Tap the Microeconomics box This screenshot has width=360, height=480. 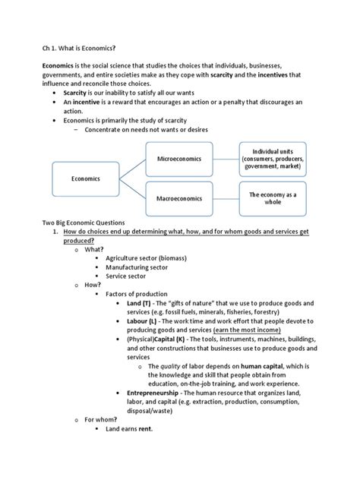click(x=180, y=159)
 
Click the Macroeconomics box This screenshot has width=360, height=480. click(x=180, y=199)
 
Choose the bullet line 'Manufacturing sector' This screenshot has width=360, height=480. click(x=137, y=267)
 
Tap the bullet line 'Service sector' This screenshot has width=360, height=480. click(x=126, y=276)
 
